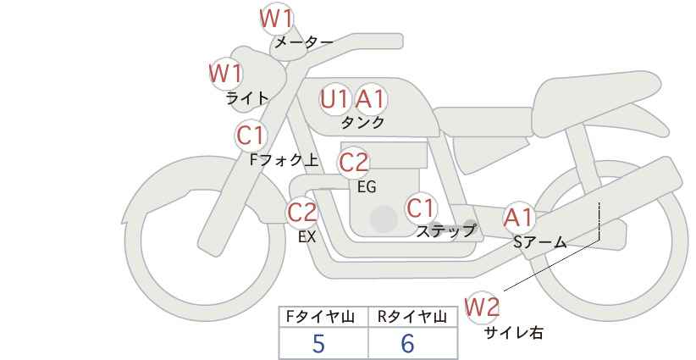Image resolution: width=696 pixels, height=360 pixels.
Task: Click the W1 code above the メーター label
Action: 276,19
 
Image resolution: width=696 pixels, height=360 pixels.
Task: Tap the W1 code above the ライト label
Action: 225,73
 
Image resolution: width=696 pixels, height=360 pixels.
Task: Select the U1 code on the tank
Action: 334,99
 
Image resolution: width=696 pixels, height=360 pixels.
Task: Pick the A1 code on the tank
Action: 371,99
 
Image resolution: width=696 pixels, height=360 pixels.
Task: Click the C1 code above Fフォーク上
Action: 251,136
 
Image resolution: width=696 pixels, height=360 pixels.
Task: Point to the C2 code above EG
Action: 353,163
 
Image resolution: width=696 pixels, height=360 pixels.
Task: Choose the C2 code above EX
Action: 301,213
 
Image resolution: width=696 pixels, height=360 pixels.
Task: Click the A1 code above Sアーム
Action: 518,219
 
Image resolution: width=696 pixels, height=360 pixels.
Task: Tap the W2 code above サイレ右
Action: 482,307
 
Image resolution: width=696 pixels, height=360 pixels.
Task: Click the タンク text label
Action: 362,122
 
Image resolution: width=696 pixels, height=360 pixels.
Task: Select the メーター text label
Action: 304,42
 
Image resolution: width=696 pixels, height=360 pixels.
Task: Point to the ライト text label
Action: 247,98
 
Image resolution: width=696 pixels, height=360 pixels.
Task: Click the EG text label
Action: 367,187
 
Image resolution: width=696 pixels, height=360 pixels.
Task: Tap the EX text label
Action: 307,237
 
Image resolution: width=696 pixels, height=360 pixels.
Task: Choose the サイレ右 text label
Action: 514,333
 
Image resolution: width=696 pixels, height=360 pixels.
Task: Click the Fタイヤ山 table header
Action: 320,317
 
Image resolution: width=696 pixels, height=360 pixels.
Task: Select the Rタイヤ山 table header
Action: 412,317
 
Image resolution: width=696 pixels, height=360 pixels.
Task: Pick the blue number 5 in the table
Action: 318,343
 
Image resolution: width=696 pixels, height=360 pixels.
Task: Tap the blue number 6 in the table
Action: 407,343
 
